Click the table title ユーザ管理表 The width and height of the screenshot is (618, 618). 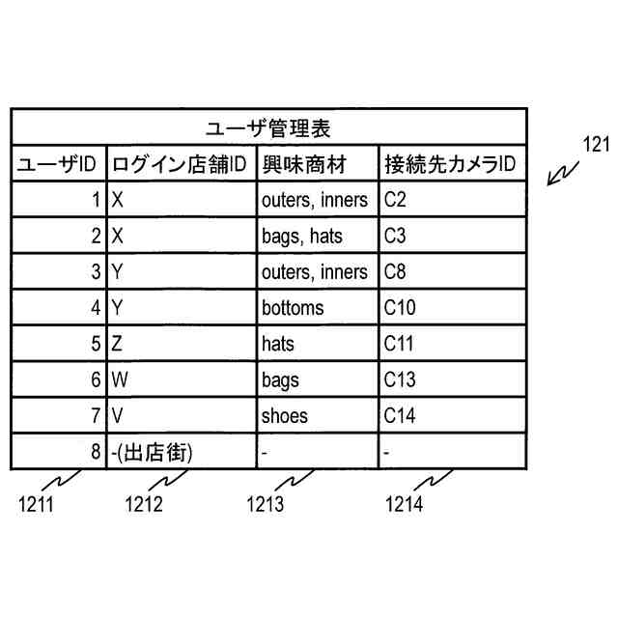(x=269, y=128)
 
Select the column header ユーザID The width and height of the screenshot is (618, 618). (x=58, y=165)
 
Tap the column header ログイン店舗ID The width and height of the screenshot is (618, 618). (x=181, y=165)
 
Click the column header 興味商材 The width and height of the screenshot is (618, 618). (x=304, y=165)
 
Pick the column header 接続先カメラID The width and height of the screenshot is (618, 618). (x=450, y=165)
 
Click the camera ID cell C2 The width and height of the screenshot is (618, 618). (x=395, y=201)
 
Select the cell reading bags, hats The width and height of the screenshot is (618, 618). (x=301, y=237)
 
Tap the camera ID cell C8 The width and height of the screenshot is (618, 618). (x=395, y=272)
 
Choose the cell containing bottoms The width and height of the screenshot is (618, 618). (x=293, y=308)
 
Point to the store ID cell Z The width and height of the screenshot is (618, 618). (x=118, y=344)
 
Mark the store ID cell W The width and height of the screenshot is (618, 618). (x=120, y=379)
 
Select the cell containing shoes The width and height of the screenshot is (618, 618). (x=285, y=416)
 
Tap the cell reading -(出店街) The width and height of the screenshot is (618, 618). (x=153, y=452)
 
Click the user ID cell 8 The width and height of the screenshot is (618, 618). (x=95, y=452)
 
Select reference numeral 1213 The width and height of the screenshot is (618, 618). (x=265, y=503)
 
